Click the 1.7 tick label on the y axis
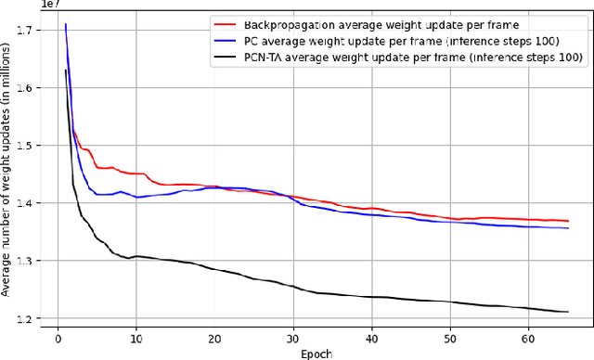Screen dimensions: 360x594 27,31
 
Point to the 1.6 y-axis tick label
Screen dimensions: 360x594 27,88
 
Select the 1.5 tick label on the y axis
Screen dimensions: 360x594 27,146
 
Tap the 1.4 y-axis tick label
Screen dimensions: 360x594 27,203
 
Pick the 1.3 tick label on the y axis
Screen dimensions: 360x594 27,262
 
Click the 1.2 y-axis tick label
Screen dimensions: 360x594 27,319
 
